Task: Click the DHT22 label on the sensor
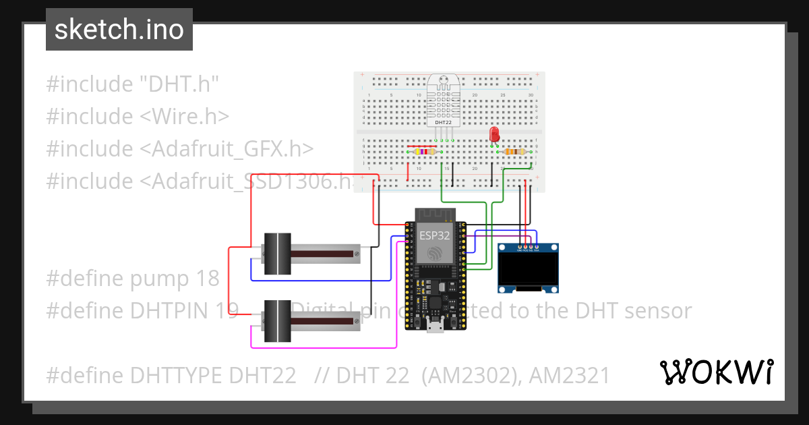click(x=442, y=123)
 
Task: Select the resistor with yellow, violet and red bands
click(x=423, y=152)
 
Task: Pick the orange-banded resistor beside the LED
click(x=514, y=152)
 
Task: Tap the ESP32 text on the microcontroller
click(x=435, y=235)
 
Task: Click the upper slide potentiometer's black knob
click(x=276, y=254)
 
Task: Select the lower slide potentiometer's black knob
click(x=276, y=320)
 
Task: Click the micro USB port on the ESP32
click(x=435, y=329)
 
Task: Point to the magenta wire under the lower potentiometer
click(x=324, y=347)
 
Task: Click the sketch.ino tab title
click(x=119, y=30)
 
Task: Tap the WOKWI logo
click(x=716, y=372)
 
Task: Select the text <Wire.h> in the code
click(x=185, y=116)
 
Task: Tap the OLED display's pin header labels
click(x=527, y=249)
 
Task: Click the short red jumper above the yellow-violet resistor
click(x=422, y=145)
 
